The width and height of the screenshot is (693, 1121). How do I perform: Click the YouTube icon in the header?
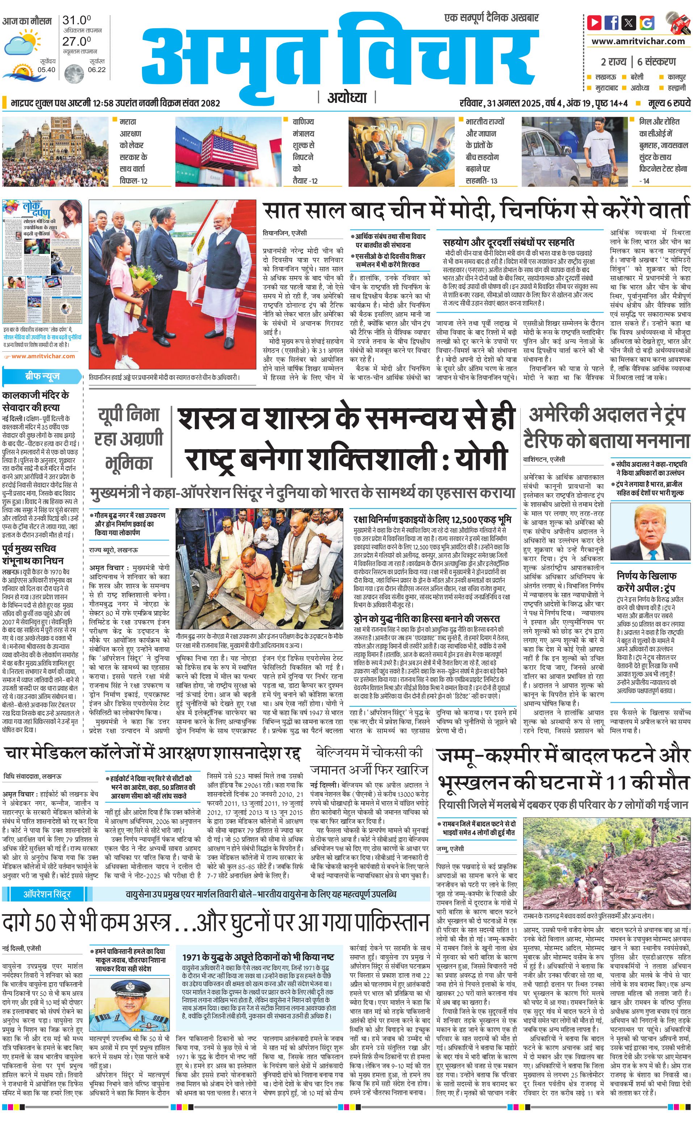click(x=595, y=22)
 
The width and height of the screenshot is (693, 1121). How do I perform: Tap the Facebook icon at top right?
click(x=612, y=22)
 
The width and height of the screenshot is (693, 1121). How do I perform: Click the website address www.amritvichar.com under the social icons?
click(x=638, y=41)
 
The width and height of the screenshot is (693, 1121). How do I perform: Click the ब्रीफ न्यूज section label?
click(x=42, y=377)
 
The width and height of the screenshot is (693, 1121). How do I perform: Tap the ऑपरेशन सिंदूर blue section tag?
click(x=47, y=894)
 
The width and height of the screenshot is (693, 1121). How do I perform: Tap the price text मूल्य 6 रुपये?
click(x=669, y=103)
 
